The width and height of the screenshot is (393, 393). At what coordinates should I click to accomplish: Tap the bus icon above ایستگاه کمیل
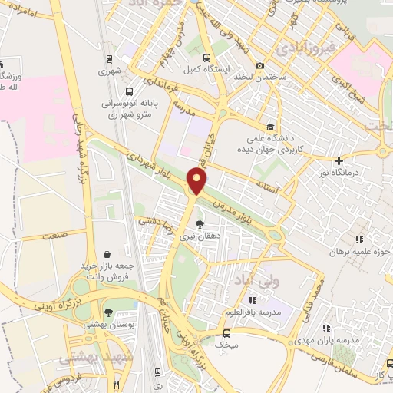pyautogui.click(x=206, y=58)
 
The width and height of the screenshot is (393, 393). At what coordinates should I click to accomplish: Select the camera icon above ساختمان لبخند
pyautogui.click(x=261, y=67)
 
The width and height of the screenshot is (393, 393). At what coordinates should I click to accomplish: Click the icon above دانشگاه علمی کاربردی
pyautogui.click(x=269, y=127)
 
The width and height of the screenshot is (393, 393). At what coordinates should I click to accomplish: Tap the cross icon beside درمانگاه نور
pyautogui.click(x=338, y=160)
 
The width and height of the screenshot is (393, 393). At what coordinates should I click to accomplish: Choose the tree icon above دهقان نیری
pyautogui.click(x=200, y=225)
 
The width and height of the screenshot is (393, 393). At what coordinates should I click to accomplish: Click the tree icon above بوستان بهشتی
pyautogui.click(x=109, y=312)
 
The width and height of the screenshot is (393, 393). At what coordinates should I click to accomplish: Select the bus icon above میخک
pyautogui.click(x=226, y=332)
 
